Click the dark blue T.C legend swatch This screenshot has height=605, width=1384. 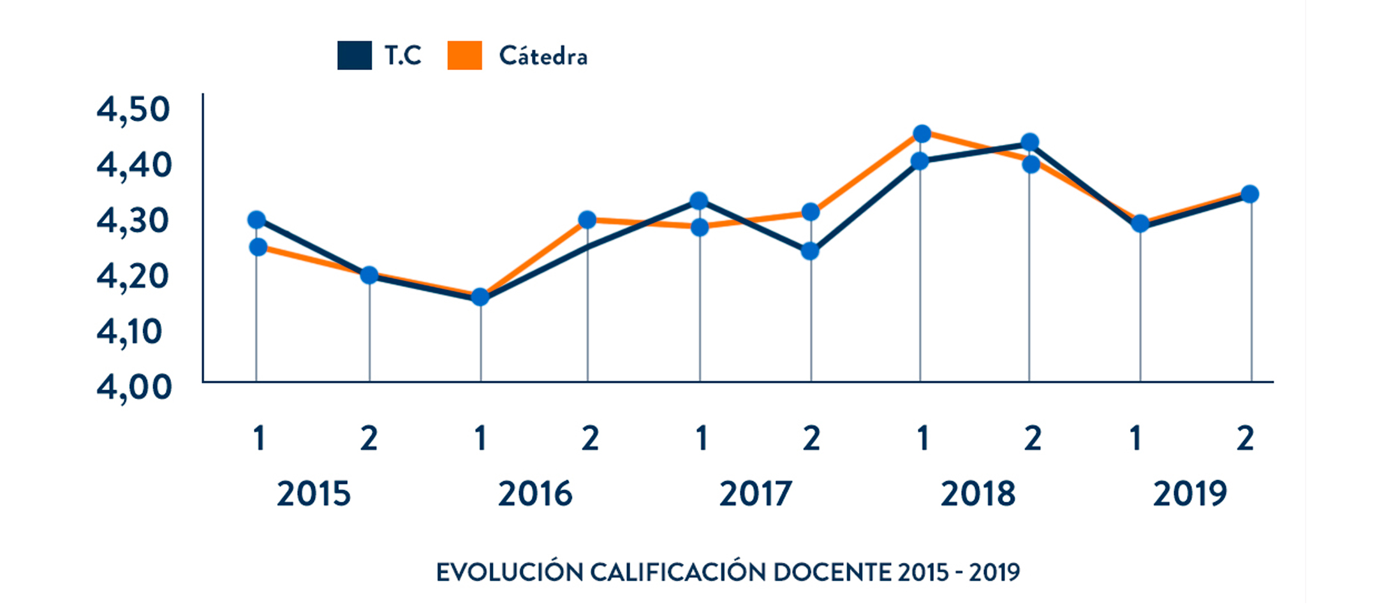pyautogui.click(x=354, y=55)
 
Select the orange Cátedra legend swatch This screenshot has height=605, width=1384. pyautogui.click(x=464, y=55)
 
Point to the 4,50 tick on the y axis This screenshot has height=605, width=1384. pyautogui.click(x=133, y=109)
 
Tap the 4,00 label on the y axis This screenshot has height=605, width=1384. pyautogui.click(x=133, y=387)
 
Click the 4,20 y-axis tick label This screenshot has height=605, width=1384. pyautogui.click(x=133, y=276)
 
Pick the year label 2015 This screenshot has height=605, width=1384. pyautogui.click(x=313, y=494)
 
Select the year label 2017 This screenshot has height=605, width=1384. pyautogui.click(x=756, y=494)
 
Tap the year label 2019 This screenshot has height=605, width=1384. pyautogui.click(x=1189, y=494)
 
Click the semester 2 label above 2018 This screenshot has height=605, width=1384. pyautogui.click(x=1032, y=439)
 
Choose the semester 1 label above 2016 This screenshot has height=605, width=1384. pyautogui.click(x=480, y=439)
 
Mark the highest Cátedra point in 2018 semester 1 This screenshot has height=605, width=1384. pyautogui.click(x=922, y=134)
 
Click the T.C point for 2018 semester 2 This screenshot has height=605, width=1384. pyautogui.click(x=1029, y=142)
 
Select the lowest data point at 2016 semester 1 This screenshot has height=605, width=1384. pyautogui.click(x=480, y=297)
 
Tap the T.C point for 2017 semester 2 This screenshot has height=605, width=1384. pyautogui.click(x=810, y=251)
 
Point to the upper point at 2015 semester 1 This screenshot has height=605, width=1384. pyautogui.click(x=256, y=220)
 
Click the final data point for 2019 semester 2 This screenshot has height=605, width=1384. pyautogui.click(x=1250, y=194)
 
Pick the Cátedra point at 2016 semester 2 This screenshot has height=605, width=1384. pyautogui.click(x=587, y=220)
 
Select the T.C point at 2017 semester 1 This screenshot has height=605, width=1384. pyautogui.click(x=699, y=201)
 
